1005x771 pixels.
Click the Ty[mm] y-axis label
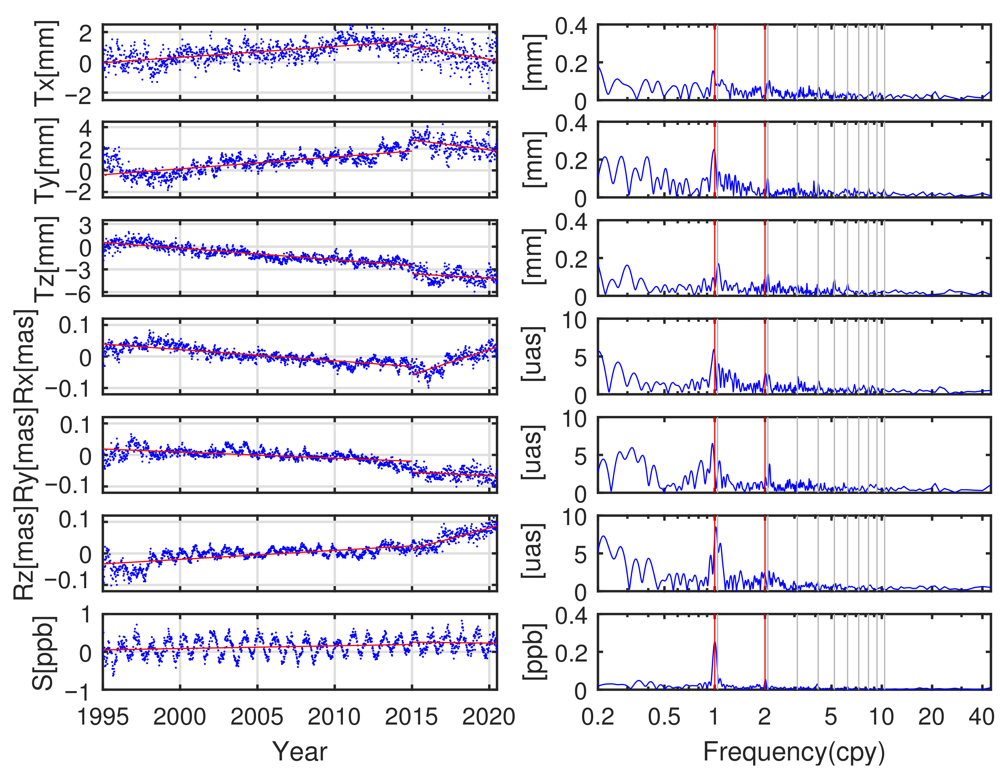(x=46, y=160)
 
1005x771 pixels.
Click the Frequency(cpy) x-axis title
(x=794, y=751)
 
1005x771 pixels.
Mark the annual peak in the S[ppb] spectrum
(x=715, y=643)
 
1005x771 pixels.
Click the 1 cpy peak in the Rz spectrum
(x=716, y=528)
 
